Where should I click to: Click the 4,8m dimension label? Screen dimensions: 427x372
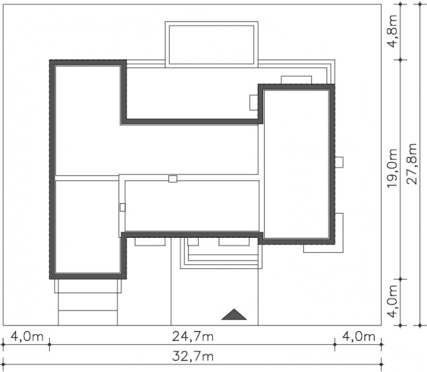tap(393, 32)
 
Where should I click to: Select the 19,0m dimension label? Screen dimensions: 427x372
tap(393, 168)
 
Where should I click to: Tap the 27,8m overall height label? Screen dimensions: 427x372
tap(412, 164)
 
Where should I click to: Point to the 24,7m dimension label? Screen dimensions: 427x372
tap(193, 336)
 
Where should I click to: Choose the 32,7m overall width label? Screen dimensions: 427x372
tap(193, 356)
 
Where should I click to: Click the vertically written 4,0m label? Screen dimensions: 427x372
tap(393, 301)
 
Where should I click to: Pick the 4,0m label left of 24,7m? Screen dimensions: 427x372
tap(27, 336)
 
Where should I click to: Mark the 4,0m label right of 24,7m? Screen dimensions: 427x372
tap(359, 336)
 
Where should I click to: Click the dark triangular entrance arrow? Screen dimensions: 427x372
tap(234, 315)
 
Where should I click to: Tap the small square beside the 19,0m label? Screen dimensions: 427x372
tap(339, 162)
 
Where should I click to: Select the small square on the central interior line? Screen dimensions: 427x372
tap(172, 179)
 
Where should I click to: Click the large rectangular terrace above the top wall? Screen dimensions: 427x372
tap(211, 44)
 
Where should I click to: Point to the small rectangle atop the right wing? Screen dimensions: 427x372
tap(296, 80)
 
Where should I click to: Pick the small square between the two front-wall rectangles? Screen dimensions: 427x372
tap(193, 242)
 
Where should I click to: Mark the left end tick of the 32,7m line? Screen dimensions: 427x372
tap(3, 365)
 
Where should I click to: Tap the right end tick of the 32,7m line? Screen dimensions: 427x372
tap(381, 365)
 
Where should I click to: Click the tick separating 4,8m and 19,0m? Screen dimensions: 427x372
tap(400, 60)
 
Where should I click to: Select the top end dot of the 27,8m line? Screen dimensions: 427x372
tap(420, 4)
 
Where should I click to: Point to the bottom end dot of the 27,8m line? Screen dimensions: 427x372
tap(420, 325)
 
